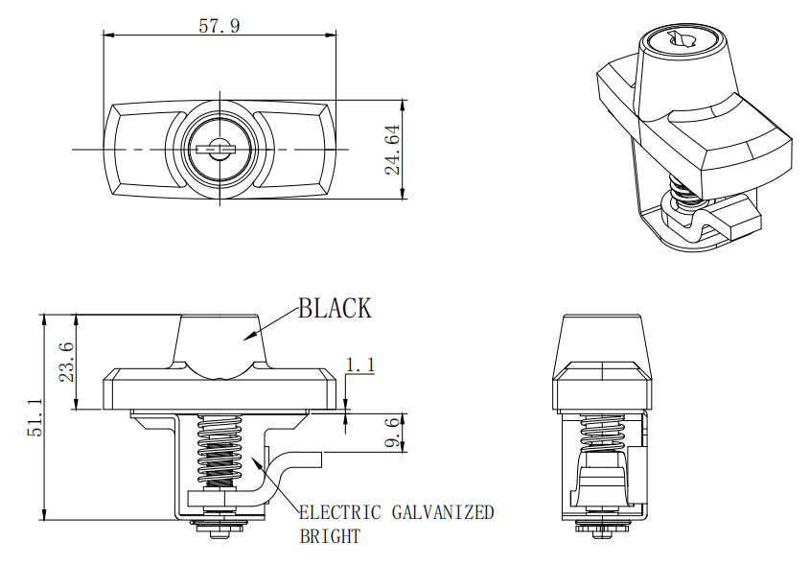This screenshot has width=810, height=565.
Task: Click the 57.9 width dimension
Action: [219, 25]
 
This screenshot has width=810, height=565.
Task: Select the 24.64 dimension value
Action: [391, 150]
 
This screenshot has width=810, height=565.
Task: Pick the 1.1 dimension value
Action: [359, 365]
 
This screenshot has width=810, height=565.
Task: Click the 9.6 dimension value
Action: [391, 434]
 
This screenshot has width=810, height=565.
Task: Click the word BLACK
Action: [335, 308]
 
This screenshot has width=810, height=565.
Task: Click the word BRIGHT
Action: [330, 536]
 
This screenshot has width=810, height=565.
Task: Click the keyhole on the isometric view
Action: [682, 38]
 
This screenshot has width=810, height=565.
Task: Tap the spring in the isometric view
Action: [685, 191]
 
